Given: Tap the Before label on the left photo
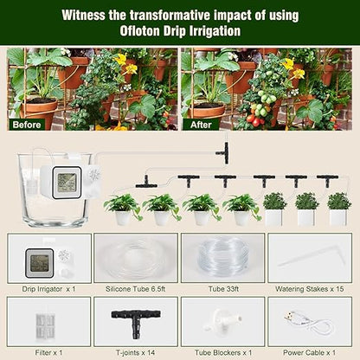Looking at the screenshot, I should tap(27, 124).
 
